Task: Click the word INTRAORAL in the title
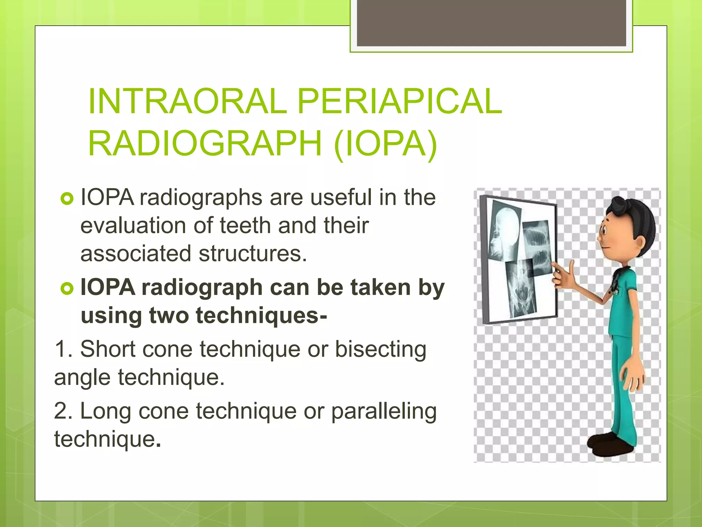(x=187, y=102)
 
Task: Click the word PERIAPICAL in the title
(x=399, y=102)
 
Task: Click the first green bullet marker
(x=67, y=199)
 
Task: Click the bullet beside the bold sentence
(x=67, y=288)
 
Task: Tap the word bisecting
(x=380, y=349)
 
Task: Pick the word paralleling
(x=384, y=411)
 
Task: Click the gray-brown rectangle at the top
(x=491, y=23)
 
